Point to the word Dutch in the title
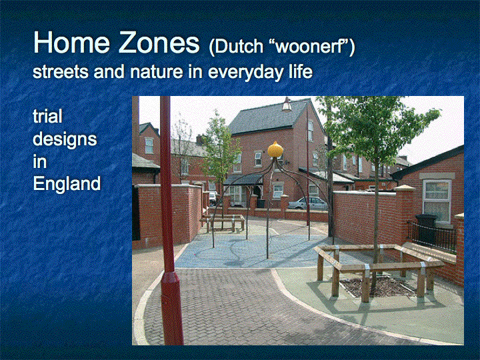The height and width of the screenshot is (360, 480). tap(236, 47)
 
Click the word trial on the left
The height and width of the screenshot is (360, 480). tap(47, 116)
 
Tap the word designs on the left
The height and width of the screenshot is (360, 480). tap(65, 139)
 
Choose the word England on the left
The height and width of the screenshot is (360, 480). tap(67, 184)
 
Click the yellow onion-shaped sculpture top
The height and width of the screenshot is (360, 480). tap(275, 150)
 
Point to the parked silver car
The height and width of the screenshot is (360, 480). tap(308, 203)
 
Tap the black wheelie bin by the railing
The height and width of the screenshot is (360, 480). tap(426, 228)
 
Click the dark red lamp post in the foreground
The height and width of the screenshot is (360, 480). tap(169, 221)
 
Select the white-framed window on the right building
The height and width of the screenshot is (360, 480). tap(437, 201)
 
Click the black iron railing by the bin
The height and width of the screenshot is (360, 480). tap(431, 236)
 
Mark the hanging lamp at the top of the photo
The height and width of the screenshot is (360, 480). tap(287, 104)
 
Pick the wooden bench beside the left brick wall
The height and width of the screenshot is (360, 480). tap(223, 222)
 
